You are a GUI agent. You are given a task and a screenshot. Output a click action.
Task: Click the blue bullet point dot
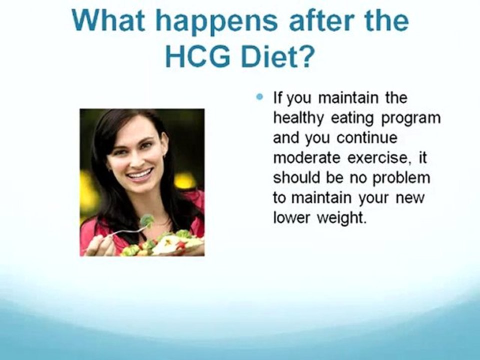pyautogui.click(x=259, y=97)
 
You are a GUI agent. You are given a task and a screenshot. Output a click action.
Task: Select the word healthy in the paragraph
pyautogui.click(x=299, y=118)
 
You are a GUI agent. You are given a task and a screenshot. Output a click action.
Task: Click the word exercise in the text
pyautogui.click(x=376, y=157)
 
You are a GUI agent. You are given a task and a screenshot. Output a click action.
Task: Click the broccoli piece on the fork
pyautogui.click(x=147, y=220)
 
